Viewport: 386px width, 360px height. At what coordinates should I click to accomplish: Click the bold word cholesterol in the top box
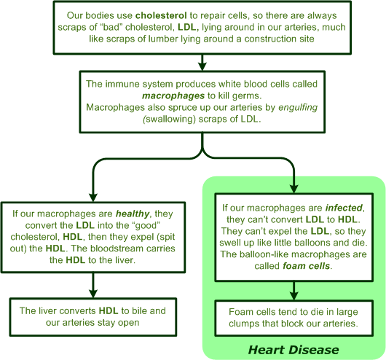click(161, 15)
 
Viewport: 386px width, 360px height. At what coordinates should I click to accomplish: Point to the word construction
click(266, 39)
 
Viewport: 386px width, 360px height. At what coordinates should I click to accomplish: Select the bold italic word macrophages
click(173, 95)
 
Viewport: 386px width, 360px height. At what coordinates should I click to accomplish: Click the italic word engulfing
click(298, 107)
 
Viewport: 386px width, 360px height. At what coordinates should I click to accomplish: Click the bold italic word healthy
click(133, 214)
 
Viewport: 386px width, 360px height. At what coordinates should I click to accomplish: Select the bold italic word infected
click(344, 208)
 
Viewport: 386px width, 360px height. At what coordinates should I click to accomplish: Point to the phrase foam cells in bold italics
click(306, 266)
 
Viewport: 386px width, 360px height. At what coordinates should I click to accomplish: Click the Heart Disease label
click(294, 350)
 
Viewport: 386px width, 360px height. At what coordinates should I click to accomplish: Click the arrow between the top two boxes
click(202, 63)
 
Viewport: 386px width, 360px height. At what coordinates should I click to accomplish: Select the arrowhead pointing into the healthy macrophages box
click(93, 197)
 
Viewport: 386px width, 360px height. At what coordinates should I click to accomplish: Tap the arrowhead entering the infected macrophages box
click(294, 189)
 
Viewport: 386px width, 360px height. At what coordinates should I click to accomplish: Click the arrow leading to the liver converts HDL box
click(93, 286)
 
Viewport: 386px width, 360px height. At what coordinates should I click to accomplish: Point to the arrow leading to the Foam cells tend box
click(294, 291)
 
